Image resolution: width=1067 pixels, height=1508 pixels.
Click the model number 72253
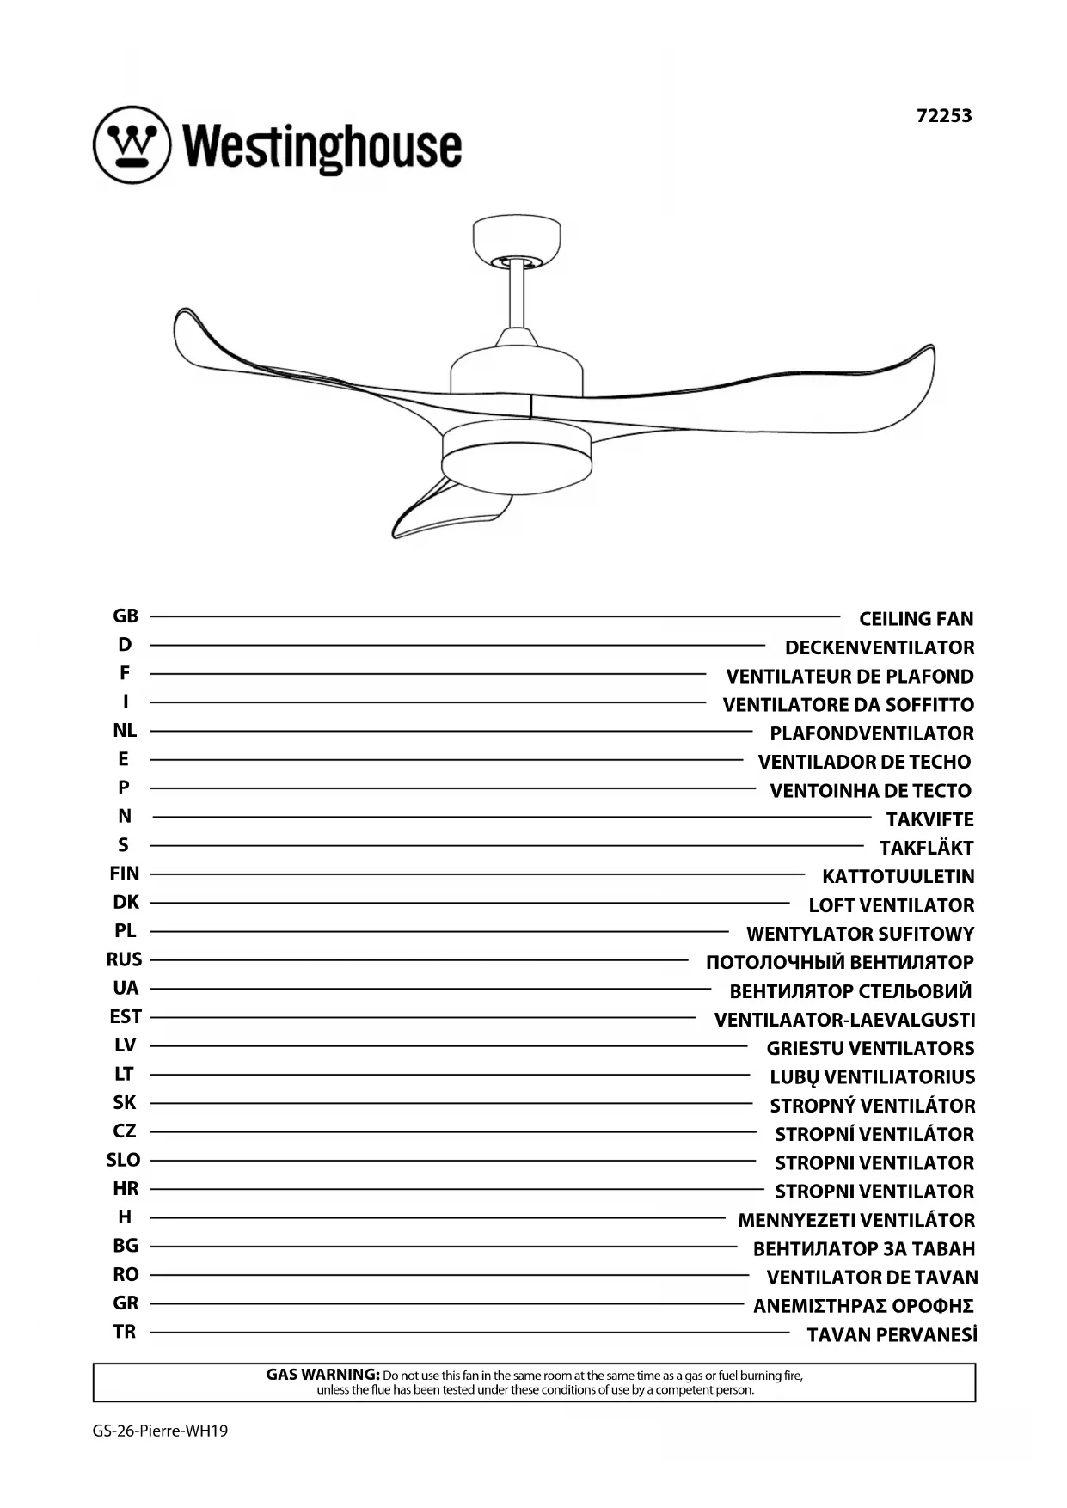[x=944, y=115]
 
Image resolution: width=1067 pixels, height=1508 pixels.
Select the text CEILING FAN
[x=916, y=619]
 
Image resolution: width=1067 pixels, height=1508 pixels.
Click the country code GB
[x=126, y=616]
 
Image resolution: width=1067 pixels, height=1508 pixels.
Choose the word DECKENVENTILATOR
[x=879, y=647]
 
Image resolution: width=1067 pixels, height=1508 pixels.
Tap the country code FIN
[x=125, y=874]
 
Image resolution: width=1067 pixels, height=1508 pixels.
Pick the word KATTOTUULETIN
[x=898, y=877]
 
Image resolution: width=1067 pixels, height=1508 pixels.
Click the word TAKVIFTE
[x=929, y=819]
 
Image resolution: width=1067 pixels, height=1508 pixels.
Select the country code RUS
[x=125, y=959]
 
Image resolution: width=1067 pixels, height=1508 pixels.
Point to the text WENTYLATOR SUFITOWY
[x=860, y=934]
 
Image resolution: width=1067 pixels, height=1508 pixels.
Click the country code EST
[x=126, y=1017]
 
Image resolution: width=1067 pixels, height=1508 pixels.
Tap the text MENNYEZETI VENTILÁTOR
[x=856, y=1220]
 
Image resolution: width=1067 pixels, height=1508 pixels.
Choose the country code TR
[x=125, y=1332]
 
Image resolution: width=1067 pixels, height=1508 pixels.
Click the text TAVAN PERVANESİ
[x=892, y=1335]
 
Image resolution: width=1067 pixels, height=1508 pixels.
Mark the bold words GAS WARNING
[x=322, y=1375]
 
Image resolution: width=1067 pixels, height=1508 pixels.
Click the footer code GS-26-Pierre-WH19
[x=161, y=1431]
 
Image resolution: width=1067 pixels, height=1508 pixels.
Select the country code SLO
[x=124, y=1160]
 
